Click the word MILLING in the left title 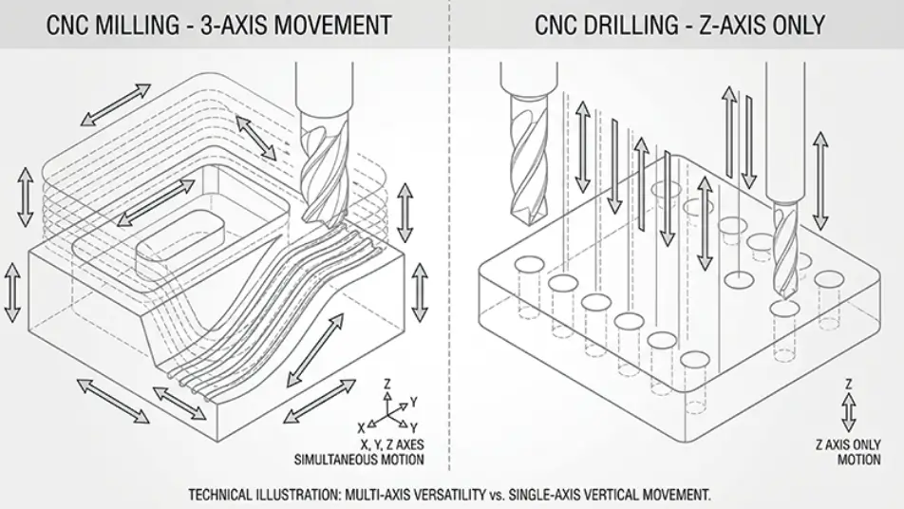(150, 24)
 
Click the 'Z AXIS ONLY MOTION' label (848, 452)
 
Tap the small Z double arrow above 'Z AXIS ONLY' (848, 406)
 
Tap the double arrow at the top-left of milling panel (115, 104)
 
